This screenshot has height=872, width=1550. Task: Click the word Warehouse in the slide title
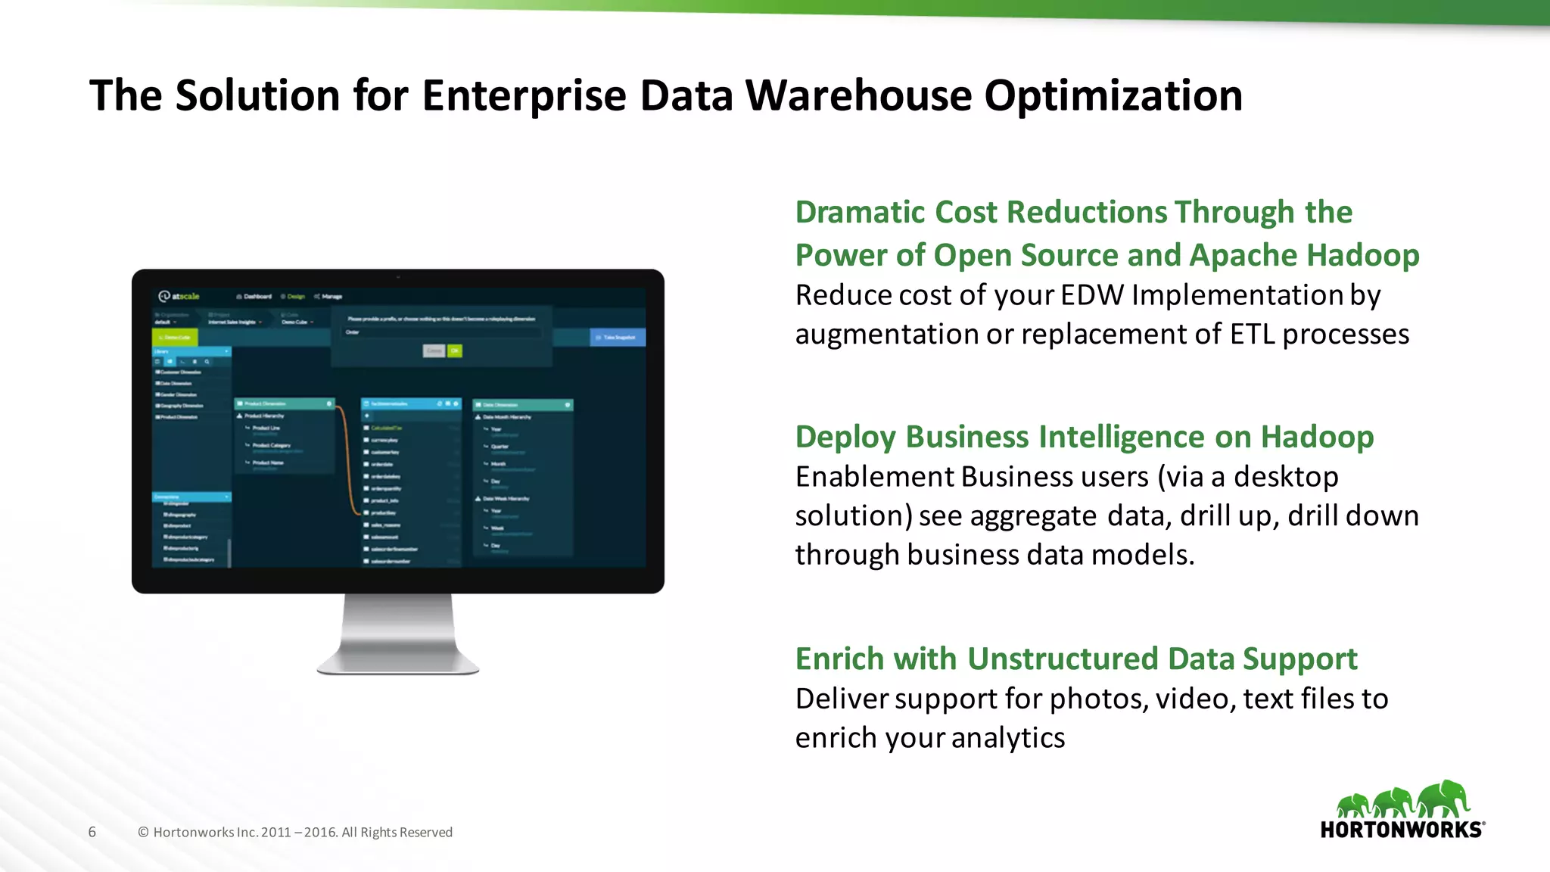click(x=858, y=96)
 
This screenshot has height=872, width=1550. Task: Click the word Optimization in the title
click(x=1113, y=96)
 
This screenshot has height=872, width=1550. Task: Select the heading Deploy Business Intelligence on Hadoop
click(x=1084, y=438)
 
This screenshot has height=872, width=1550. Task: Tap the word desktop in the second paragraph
click(x=1285, y=478)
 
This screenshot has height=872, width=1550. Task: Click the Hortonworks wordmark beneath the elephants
click(x=1402, y=830)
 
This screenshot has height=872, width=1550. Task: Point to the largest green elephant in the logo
click(x=1444, y=799)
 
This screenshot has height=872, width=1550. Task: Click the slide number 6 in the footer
click(x=92, y=832)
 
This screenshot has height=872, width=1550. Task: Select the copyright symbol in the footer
click(x=143, y=833)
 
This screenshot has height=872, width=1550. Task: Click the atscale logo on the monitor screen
click(x=179, y=296)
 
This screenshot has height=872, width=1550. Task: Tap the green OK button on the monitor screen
click(x=454, y=351)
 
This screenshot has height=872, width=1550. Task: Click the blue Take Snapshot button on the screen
click(x=618, y=338)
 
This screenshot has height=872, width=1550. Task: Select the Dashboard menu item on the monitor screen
click(x=255, y=297)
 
